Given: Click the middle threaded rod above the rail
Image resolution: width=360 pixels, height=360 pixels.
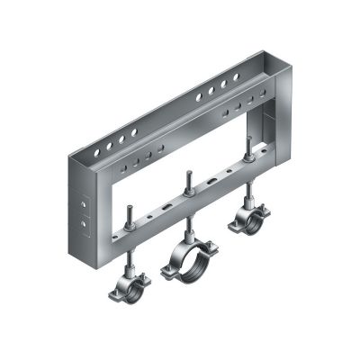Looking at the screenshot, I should pyautogui.click(x=189, y=180).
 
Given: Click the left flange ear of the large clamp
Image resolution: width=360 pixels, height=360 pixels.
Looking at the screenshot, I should pyautogui.click(x=166, y=268).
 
